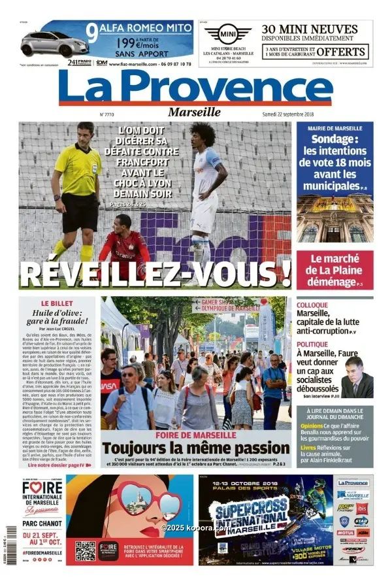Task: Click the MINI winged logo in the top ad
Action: [x=228, y=34]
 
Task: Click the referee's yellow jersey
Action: [x=79, y=168]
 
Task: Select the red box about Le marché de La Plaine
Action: [x=335, y=270]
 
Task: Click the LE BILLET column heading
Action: [x=56, y=304]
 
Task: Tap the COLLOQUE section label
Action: [x=312, y=305]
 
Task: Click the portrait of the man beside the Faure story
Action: [x=357, y=377]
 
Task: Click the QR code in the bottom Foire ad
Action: [x=85, y=550]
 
